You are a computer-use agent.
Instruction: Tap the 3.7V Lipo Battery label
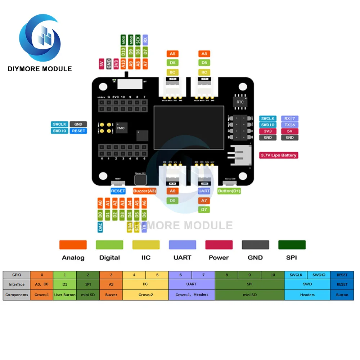(x=279, y=155)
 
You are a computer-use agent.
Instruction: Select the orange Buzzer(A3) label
(x=144, y=191)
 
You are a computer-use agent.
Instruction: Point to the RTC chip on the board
(x=240, y=102)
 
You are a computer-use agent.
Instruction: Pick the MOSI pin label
(x=123, y=40)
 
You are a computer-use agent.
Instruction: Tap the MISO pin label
(x=131, y=40)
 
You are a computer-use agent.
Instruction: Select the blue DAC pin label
(x=100, y=226)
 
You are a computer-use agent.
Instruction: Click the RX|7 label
(x=289, y=118)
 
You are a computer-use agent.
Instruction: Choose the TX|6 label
(x=289, y=125)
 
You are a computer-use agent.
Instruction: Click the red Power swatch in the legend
(x=219, y=245)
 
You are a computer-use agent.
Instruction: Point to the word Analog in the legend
(x=73, y=257)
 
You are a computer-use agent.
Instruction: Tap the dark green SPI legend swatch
(x=292, y=245)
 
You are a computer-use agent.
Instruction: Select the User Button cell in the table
(x=65, y=294)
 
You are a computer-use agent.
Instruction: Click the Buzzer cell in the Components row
(x=111, y=294)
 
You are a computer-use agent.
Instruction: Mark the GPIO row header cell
(x=17, y=275)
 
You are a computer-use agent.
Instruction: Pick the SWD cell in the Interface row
(x=307, y=284)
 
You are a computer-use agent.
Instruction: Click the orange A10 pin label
(x=123, y=64)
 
